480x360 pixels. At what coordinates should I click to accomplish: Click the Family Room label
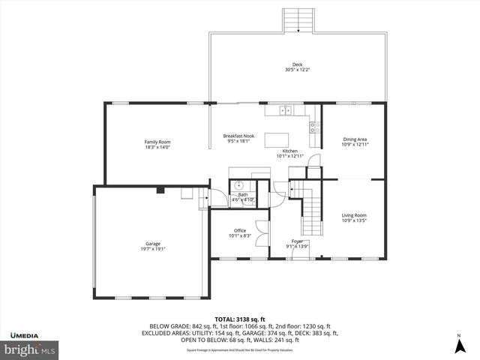point(158,142)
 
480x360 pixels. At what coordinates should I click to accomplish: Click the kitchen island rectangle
point(279,137)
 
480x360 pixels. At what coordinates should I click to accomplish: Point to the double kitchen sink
point(286,111)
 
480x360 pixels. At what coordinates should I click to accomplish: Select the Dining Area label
point(355,139)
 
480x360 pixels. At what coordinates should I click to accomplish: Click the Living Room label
point(354,215)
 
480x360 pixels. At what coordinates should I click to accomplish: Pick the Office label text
point(240,230)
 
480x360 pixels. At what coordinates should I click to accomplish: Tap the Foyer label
point(297,241)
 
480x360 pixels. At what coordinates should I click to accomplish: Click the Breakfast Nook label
point(239,136)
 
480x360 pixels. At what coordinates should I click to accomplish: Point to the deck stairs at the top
point(298,20)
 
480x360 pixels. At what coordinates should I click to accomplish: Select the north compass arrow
point(458,345)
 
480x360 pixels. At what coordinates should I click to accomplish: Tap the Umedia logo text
point(25,334)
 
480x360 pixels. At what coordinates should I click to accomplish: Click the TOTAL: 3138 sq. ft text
point(239,318)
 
